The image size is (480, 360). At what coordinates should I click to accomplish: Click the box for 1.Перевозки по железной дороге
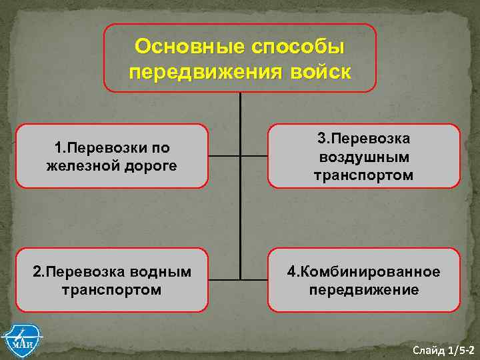pos(112,156)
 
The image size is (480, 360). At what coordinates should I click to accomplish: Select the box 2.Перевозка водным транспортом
pos(112,280)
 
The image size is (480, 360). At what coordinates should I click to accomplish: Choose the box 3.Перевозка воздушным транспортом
pos(363,156)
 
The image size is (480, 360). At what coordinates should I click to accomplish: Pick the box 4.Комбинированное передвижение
pos(363,280)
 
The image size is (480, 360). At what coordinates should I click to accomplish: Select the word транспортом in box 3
pos(363,175)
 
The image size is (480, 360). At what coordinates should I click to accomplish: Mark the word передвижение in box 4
pos(363,290)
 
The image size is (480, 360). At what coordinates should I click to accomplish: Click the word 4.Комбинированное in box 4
pos(363,271)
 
